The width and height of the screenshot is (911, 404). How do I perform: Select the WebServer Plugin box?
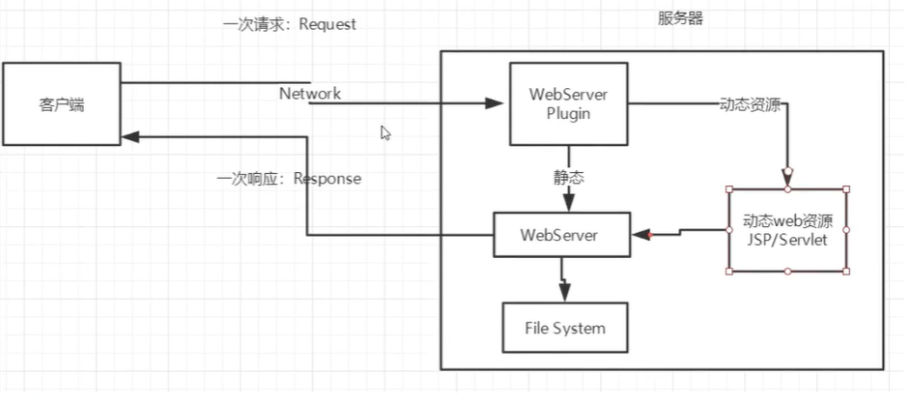point(568,104)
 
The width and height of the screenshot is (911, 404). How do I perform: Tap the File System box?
point(565,329)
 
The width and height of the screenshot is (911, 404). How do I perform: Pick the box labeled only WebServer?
point(560,235)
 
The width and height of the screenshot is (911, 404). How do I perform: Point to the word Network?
point(309,94)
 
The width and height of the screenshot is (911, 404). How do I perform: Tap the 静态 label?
point(568,178)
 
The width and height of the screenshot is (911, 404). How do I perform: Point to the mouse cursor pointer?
point(385,133)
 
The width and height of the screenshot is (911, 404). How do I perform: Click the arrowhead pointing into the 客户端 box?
point(129,137)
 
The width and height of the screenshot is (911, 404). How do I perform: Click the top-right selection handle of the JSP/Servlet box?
point(846,189)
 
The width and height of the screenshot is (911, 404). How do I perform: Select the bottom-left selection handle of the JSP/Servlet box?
point(728,272)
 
